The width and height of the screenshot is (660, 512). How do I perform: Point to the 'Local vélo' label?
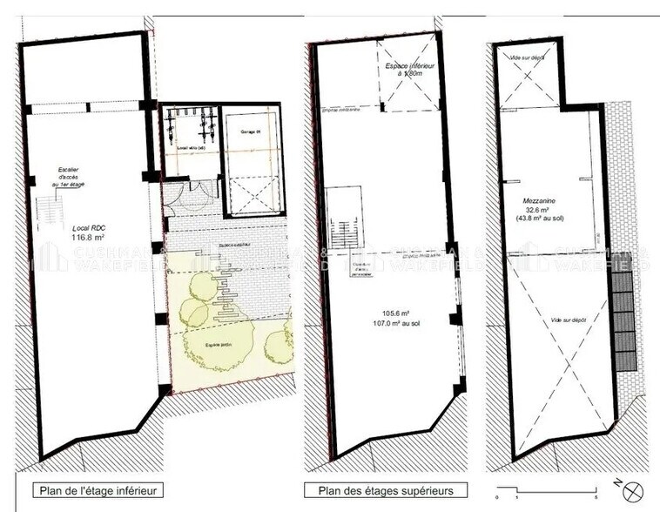tap(191, 147)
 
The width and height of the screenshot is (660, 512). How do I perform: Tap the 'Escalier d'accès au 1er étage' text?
tap(64, 179)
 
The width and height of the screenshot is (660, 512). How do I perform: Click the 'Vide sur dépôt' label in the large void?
tap(567, 320)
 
